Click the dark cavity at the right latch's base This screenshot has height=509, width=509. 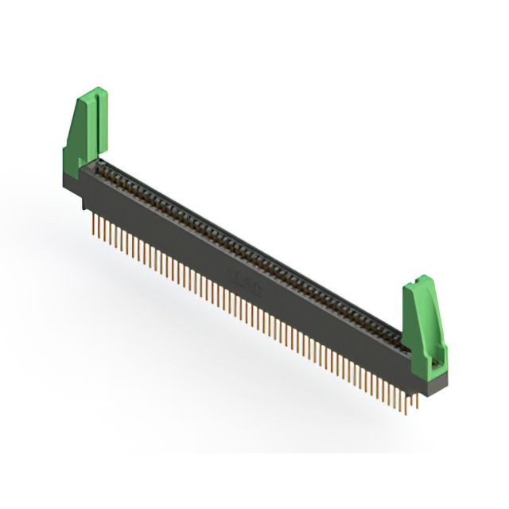coord(434,367)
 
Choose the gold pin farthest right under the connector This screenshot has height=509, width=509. coord(416,406)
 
